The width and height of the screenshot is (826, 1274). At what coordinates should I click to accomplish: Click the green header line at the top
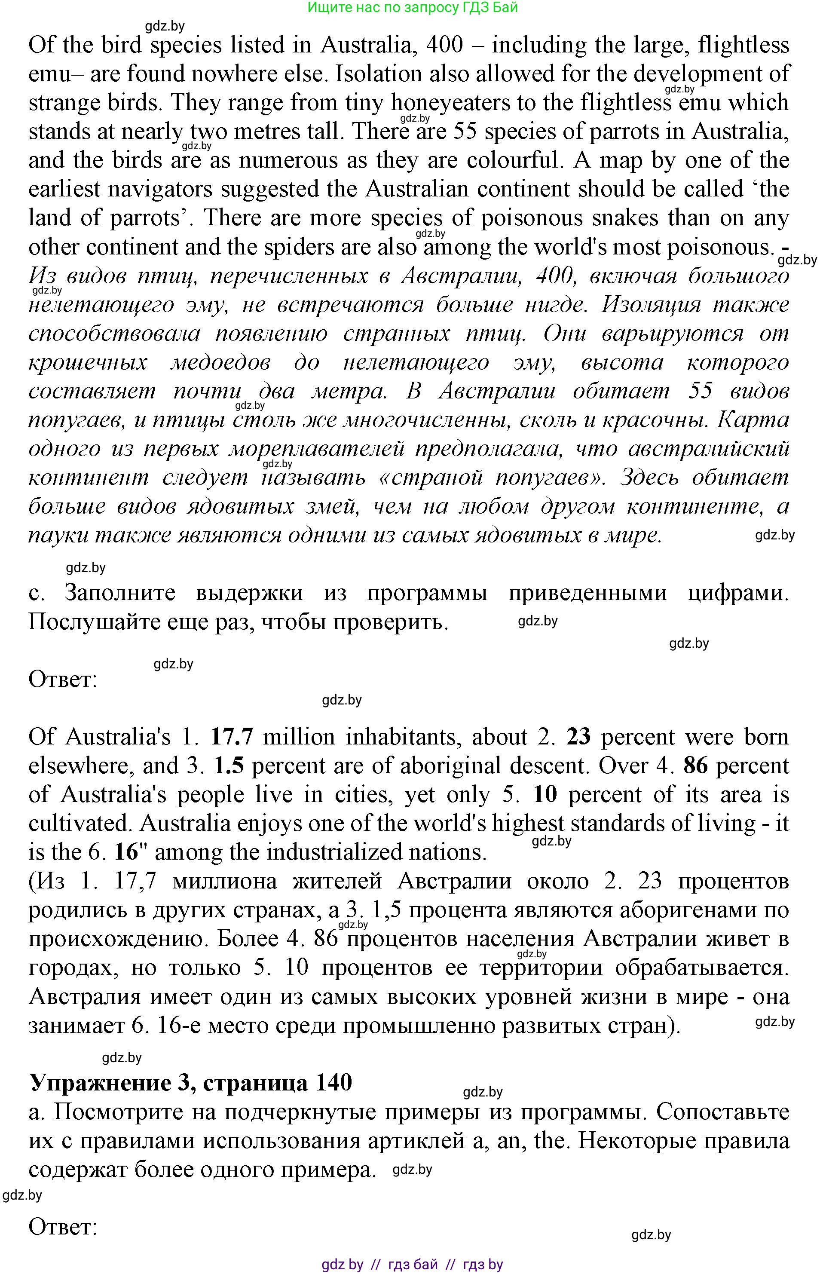click(x=412, y=7)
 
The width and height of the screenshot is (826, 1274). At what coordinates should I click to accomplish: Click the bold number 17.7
click(x=231, y=737)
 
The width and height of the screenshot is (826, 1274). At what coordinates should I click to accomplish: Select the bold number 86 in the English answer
click(x=695, y=766)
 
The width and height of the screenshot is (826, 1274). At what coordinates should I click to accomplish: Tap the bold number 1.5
click(x=229, y=766)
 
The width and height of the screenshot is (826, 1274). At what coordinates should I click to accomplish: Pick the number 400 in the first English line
click(x=444, y=45)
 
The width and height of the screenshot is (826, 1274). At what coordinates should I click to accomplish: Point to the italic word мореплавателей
click(x=316, y=449)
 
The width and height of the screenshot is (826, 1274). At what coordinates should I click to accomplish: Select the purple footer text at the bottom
click(x=412, y=1265)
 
